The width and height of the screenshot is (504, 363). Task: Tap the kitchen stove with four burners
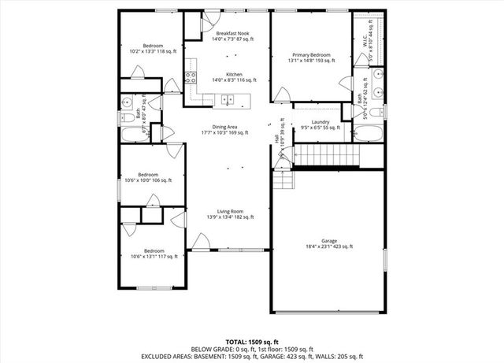tap(190, 77)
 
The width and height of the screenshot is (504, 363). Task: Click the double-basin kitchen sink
tap(228, 99)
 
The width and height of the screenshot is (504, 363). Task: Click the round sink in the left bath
tap(128, 102)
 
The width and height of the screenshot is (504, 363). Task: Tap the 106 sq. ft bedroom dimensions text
tap(149, 180)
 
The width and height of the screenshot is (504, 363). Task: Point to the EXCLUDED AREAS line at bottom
tap(251, 356)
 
